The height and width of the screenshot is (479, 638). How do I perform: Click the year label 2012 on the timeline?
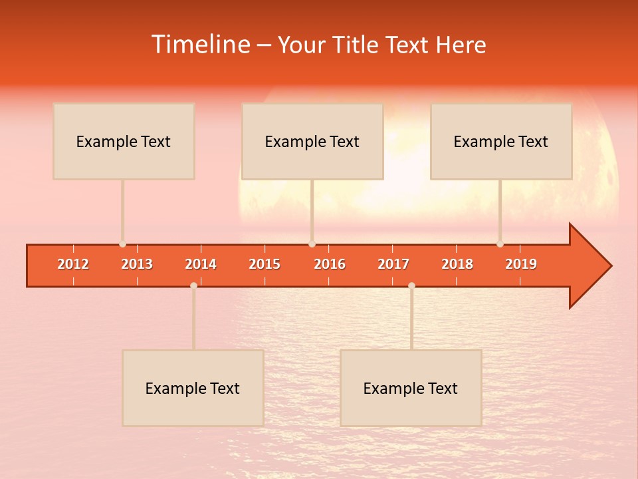73,264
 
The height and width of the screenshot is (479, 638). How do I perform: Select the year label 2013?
137,264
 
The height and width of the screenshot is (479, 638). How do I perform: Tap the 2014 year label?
201,264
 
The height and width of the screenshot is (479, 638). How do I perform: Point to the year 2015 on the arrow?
265,264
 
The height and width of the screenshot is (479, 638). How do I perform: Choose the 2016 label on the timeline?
330,264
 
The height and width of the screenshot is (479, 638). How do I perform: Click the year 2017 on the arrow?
393,264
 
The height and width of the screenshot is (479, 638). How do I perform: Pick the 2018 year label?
457,264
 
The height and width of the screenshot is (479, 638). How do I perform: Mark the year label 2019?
521,264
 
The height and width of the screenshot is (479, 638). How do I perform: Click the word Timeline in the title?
199,45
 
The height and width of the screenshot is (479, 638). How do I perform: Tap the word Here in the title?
461,45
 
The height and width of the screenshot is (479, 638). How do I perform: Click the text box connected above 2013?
124,141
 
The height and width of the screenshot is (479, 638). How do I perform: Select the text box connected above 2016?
312,141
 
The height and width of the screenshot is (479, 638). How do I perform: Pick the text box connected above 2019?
501,141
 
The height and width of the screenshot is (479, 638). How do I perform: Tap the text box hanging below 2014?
193,388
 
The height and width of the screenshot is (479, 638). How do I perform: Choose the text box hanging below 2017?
411,388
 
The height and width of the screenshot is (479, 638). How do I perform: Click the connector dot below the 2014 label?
193,285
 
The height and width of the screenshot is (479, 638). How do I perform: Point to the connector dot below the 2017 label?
411,285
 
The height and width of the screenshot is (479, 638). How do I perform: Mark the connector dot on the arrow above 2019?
500,244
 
